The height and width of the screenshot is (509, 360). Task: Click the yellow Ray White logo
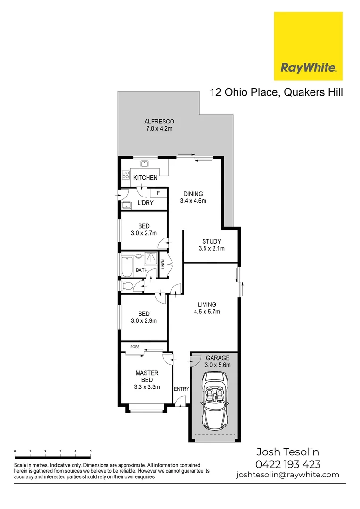(x=308, y=46)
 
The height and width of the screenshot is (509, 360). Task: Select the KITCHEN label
(x=145, y=178)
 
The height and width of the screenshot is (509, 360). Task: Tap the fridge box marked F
(x=158, y=193)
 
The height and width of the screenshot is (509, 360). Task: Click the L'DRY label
(x=145, y=203)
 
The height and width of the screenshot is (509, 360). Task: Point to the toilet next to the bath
(x=127, y=285)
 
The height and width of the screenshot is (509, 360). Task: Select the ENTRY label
(x=181, y=389)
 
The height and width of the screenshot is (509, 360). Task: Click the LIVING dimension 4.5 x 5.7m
(x=207, y=312)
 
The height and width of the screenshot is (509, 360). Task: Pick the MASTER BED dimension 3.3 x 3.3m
(x=147, y=387)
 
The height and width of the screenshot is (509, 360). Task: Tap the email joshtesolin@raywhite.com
(x=287, y=475)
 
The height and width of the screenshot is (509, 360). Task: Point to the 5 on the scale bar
(x=90, y=452)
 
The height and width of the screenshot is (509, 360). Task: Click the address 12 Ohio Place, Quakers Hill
(x=276, y=92)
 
